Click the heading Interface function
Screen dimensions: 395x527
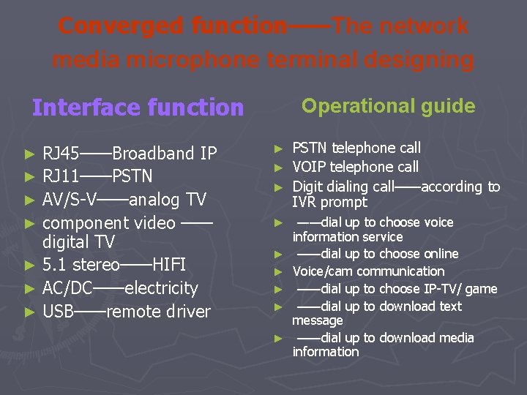[138, 108]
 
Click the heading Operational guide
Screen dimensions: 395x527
[388, 106]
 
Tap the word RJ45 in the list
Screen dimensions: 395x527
[61, 154]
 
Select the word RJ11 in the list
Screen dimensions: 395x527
[61, 176]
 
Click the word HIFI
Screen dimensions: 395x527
[169, 265]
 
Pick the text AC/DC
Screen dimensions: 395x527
[67, 288]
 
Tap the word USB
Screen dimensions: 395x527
[59, 312]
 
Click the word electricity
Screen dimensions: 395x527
[162, 288]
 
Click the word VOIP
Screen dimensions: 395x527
[309, 167]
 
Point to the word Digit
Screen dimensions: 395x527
[308, 187]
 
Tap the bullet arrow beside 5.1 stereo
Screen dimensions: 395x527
[29, 266]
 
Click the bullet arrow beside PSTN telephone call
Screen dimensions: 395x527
[277, 148]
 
